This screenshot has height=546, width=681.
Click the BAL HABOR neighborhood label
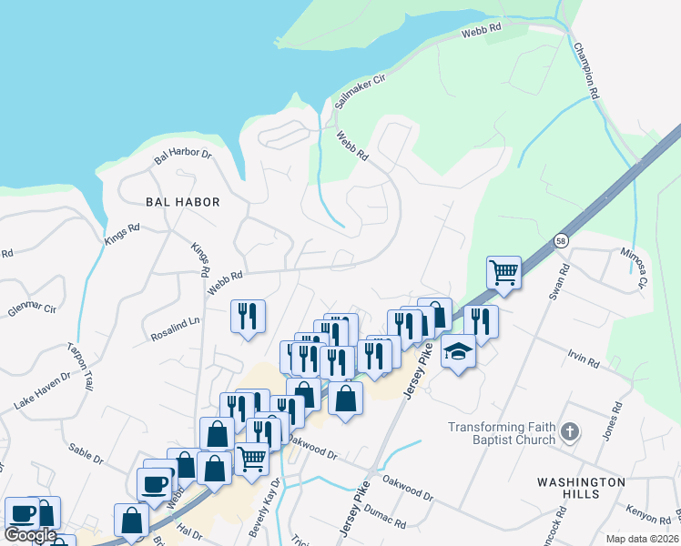pyautogui.click(x=182, y=201)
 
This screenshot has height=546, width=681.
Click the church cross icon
pyautogui.click(x=570, y=432)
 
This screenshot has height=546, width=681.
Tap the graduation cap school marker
pyautogui.click(x=458, y=350)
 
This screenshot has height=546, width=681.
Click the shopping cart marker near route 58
pyautogui.click(x=503, y=272)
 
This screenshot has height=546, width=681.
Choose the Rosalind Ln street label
pyautogui.click(x=175, y=329)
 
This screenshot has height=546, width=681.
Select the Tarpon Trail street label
pyautogui.click(x=80, y=367)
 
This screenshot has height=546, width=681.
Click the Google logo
pyautogui.click(x=30, y=535)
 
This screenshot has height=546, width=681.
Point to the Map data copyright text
pyautogui.click(x=642, y=539)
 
